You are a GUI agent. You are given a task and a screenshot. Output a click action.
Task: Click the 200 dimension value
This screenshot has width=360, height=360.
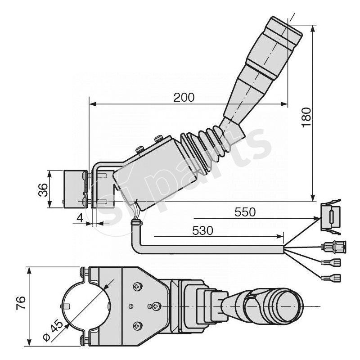184,97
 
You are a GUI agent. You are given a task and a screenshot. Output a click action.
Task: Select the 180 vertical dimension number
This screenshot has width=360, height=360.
306,117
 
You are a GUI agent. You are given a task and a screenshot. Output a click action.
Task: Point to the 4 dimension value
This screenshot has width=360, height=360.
79,219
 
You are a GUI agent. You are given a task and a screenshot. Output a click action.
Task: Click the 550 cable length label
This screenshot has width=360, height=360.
244,211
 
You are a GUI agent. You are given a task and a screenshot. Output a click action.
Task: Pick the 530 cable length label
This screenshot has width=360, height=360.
202,230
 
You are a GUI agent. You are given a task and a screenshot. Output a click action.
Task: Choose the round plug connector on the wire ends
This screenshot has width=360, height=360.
333,247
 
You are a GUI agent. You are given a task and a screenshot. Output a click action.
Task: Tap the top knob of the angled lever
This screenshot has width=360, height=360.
283,33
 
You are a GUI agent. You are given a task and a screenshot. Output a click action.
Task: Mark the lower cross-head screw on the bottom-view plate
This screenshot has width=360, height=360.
137,325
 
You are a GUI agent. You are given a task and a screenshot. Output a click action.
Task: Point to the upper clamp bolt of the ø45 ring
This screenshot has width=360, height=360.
83,271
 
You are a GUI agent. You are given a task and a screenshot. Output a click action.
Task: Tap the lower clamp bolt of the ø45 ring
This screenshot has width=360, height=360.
83,340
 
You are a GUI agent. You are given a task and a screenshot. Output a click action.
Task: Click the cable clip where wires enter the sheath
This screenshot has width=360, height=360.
136,222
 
